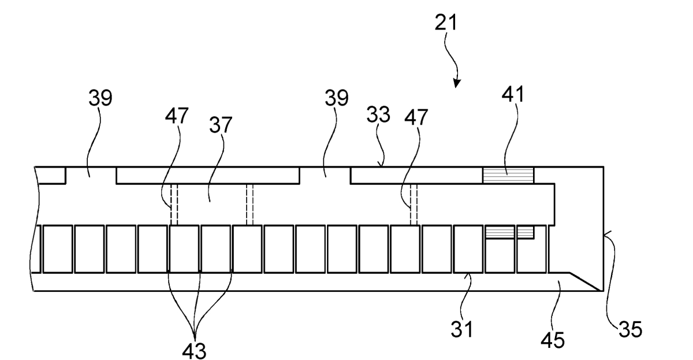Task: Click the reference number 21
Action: pos(445,23)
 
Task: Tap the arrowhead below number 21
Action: pos(457,83)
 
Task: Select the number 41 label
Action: pos(513,94)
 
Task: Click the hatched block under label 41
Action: pos(508,176)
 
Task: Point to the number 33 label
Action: pos(378,114)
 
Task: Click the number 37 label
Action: pos(221,125)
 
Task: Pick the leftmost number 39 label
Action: pos(100,98)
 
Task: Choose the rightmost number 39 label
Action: pos(336,98)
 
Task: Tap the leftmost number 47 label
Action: pos(177,116)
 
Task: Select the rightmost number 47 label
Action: pos(416,117)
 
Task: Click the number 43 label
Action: pos(194,351)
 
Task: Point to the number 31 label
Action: pos(461,329)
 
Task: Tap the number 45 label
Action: pos(553,340)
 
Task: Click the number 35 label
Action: pos(630,329)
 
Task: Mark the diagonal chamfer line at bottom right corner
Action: pos(586,281)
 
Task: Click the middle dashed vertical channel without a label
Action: pos(249,205)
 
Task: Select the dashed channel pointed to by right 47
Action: pos(413,205)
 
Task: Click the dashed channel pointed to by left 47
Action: pos(174,205)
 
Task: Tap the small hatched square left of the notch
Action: pos(526,232)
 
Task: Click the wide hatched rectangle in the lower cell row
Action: pos(500,232)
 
